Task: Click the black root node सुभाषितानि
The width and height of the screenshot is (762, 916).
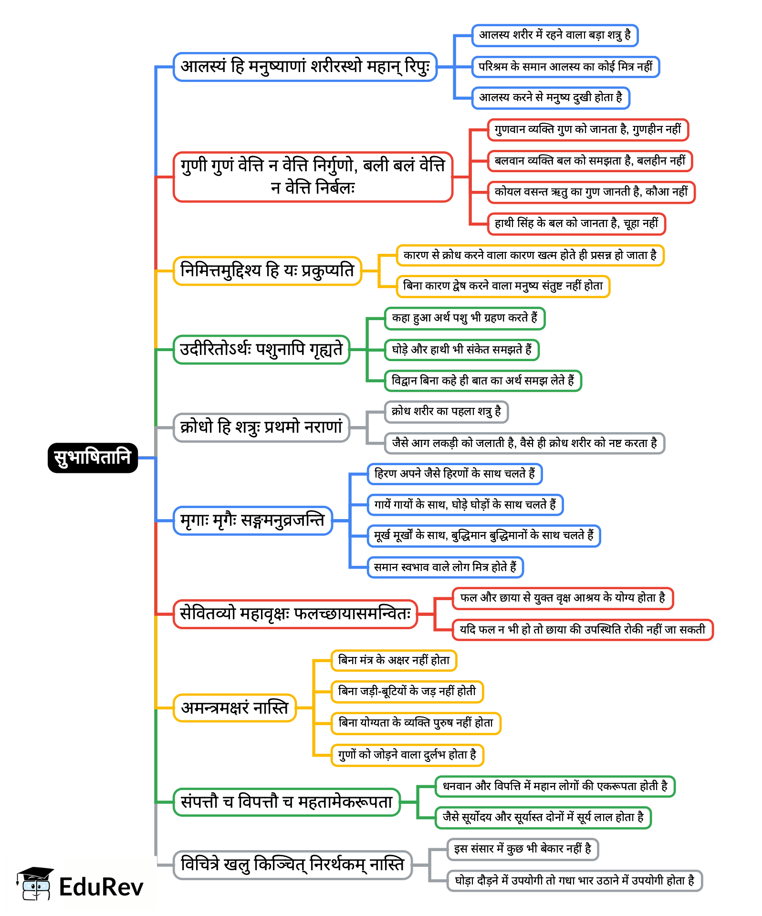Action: [x=93, y=458]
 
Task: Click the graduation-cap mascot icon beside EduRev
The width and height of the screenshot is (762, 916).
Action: [x=34, y=884]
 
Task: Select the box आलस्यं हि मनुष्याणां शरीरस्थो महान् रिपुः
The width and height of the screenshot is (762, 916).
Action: [x=305, y=67]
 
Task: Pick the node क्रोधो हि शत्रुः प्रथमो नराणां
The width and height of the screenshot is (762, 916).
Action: [x=261, y=427]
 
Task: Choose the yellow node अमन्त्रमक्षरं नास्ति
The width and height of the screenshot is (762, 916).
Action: [x=234, y=708]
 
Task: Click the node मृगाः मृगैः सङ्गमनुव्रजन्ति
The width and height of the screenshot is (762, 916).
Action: [x=252, y=520]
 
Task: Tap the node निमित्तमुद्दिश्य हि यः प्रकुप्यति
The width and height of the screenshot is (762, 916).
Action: [x=267, y=271]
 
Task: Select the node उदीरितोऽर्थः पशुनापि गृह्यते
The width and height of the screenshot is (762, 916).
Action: [x=261, y=350]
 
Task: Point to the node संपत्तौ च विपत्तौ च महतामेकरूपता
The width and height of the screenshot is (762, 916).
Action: [x=286, y=802]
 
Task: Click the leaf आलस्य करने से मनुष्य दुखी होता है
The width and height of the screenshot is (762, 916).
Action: [x=551, y=98]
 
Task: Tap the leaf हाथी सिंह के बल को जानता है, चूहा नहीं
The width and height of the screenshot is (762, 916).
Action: [x=576, y=224]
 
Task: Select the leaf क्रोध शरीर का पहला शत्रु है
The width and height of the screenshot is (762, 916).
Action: [x=446, y=412]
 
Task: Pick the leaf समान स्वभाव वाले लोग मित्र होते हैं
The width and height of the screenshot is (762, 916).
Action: [x=445, y=567]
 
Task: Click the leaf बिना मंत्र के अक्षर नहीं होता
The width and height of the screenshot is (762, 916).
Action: [x=394, y=661]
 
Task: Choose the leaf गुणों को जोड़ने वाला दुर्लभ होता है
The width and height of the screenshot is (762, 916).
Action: [x=407, y=755]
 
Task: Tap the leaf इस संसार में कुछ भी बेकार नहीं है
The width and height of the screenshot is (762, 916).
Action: [x=522, y=849]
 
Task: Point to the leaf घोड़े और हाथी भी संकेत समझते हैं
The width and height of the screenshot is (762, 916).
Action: [x=461, y=350]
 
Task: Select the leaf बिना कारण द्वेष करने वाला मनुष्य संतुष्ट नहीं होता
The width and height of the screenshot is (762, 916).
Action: [x=503, y=286]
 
